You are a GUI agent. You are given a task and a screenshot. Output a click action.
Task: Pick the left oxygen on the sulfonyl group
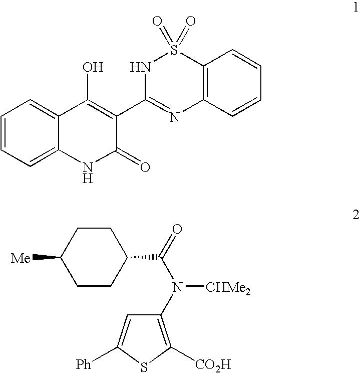point(157,22)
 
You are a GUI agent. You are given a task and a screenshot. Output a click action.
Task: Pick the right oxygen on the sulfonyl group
point(190,22)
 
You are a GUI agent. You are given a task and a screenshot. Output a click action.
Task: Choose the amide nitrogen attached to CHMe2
point(175,287)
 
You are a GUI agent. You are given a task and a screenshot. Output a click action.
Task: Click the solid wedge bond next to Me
point(47,258)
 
